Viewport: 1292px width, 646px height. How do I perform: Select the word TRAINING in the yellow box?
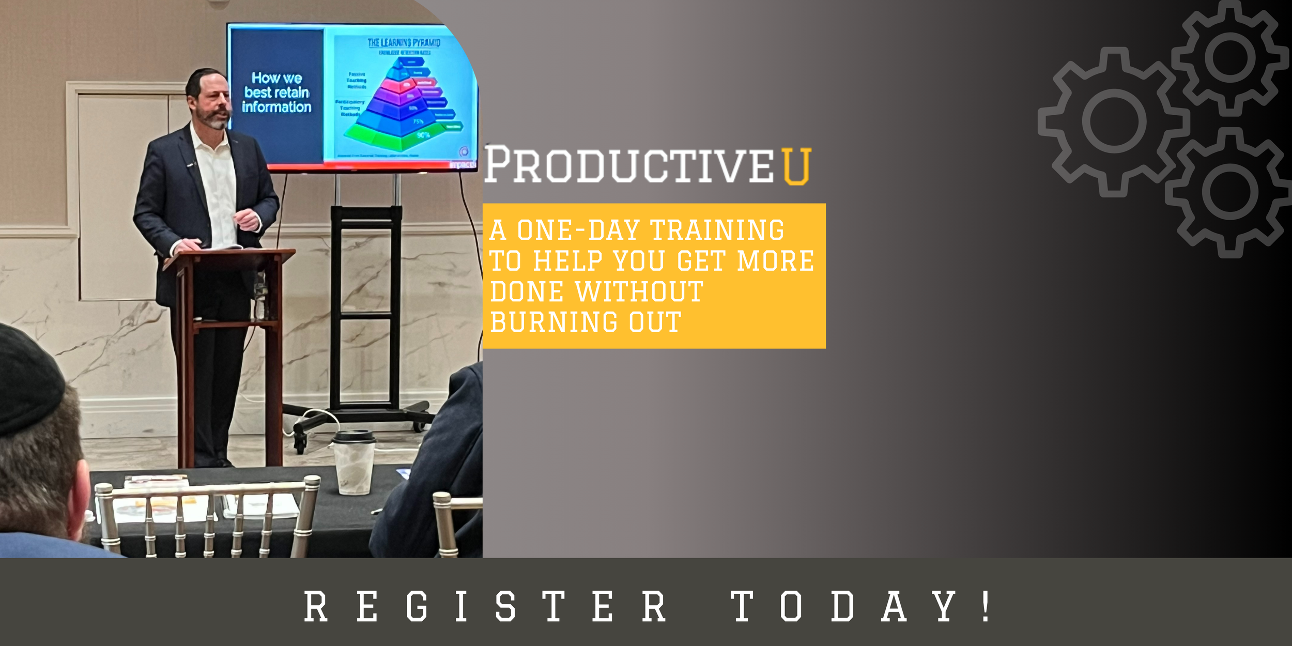pyautogui.click(x=717, y=230)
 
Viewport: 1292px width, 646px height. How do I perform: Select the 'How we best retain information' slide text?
pyautogui.click(x=276, y=93)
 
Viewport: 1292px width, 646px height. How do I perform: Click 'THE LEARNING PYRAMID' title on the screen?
pyautogui.click(x=404, y=42)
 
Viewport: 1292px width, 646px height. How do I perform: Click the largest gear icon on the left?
pyautogui.click(x=1114, y=121)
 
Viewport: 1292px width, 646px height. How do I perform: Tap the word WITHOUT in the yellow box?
pyautogui.click(x=639, y=291)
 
